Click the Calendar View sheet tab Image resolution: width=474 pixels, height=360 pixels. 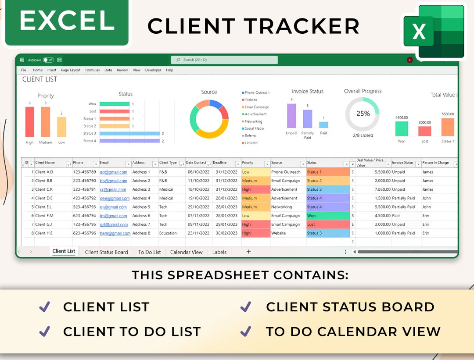coord(186,252)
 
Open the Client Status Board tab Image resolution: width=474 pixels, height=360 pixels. coord(106,252)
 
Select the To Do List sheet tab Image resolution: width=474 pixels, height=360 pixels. coord(149,252)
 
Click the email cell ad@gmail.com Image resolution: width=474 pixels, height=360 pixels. coord(113,172)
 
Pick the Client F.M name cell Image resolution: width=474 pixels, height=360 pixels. coord(44,216)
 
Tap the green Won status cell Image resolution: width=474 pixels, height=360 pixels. coord(328,216)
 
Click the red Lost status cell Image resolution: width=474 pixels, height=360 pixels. coord(328,225)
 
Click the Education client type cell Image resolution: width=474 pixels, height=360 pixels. coord(168,233)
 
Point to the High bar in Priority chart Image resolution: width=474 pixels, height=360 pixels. coord(29,122)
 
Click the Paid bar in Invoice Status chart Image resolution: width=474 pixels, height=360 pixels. coord(323,125)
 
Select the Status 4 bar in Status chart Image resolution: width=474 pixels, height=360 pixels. coord(129,141)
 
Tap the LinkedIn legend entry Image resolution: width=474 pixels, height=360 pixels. coord(251,143)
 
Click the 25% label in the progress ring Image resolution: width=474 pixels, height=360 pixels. coord(363,114)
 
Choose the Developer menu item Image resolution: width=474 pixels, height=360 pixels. coord(153,70)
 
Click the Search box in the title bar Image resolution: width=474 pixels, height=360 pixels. coord(224,60)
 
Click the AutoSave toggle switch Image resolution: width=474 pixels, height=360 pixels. coord(48,60)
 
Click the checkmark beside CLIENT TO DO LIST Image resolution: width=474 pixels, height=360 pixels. coord(44,331)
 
